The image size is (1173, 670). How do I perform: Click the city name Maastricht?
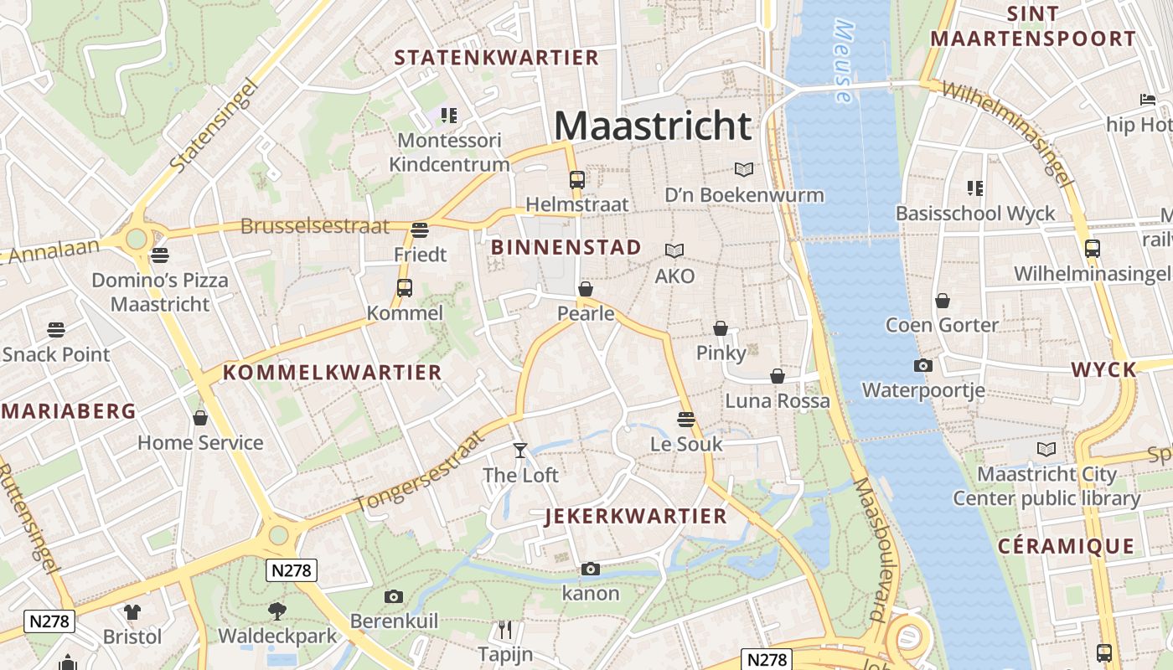point(653,126)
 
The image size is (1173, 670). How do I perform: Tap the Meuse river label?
point(844,63)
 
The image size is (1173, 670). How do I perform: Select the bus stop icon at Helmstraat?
point(576,179)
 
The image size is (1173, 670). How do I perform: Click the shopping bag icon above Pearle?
point(586,290)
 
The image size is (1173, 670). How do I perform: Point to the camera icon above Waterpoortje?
point(922,365)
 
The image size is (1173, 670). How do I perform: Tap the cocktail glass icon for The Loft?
point(520,451)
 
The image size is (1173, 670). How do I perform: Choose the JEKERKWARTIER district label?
point(636,516)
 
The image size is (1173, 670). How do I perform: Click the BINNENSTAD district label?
point(566,247)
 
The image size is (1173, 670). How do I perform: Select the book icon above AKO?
point(674,250)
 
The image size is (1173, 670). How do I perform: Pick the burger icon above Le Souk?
point(686,419)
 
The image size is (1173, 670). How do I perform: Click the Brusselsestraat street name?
point(315,226)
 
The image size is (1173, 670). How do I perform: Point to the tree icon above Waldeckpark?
point(276,611)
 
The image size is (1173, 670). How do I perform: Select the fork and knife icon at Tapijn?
point(505,629)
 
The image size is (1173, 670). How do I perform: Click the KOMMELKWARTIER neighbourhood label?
point(332,373)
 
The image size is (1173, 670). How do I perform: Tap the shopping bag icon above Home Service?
point(200,417)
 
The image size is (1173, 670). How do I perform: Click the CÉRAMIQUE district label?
point(1066,547)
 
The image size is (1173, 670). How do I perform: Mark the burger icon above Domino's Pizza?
point(159,255)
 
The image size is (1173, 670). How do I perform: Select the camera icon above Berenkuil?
point(394,596)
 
